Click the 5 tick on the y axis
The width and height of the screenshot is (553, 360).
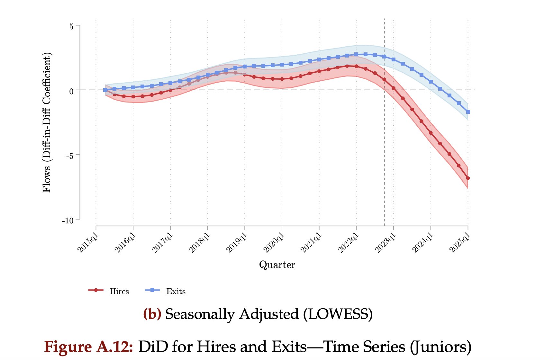point(71,27)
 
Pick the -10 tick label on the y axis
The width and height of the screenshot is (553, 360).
point(68,221)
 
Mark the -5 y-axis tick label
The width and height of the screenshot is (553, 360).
point(70,156)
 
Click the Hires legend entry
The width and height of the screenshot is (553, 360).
point(109,291)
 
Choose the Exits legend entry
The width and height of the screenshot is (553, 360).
point(166,291)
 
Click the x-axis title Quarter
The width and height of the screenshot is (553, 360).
point(277,265)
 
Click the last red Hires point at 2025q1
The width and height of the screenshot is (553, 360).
point(468,178)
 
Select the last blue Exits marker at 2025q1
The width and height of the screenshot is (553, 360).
point(468,112)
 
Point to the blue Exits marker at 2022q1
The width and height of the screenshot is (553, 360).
point(356,54)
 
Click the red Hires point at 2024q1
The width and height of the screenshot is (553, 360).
point(431,133)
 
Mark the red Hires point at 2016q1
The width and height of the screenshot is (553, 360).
point(133,96)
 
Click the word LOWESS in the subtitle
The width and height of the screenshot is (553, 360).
point(338,314)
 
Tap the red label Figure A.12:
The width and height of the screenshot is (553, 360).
point(88,347)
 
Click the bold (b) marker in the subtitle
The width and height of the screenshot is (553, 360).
point(152,314)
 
